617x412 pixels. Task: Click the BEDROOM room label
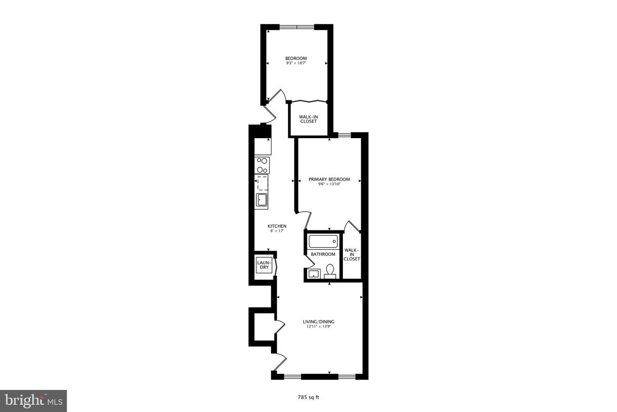click(x=296, y=58)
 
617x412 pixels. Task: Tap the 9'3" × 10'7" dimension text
click(x=296, y=63)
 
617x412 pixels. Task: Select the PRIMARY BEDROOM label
click(x=329, y=179)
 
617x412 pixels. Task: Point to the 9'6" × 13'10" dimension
click(x=329, y=184)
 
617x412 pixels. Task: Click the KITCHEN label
click(x=277, y=226)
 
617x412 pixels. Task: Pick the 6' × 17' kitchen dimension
click(x=277, y=231)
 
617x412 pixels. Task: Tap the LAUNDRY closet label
click(x=263, y=265)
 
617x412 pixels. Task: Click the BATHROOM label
click(x=323, y=254)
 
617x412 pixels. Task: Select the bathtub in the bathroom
click(x=323, y=241)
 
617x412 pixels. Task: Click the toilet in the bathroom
click(x=330, y=270)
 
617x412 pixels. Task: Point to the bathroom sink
click(x=314, y=274)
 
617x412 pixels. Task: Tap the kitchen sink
click(x=261, y=200)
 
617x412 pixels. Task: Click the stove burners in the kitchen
click(x=262, y=165)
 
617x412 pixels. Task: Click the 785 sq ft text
click(x=308, y=397)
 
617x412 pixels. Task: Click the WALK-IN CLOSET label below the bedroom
click(x=308, y=119)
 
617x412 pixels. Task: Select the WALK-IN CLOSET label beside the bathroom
click(x=352, y=254)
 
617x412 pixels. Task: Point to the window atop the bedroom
click(x=297, y=27)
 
